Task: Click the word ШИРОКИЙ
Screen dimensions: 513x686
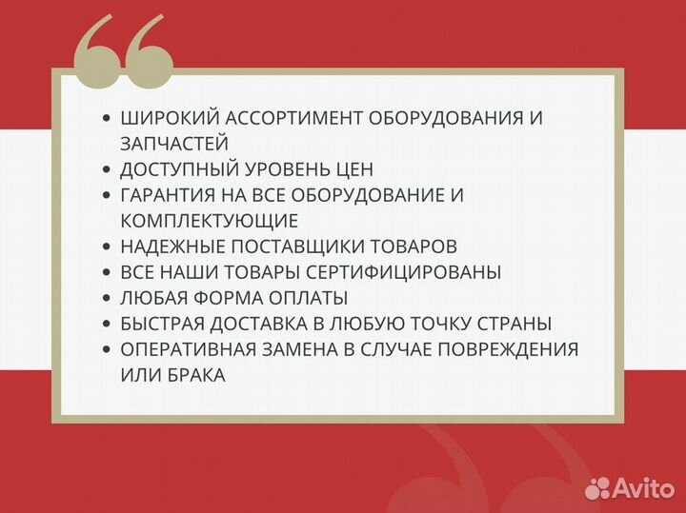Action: [168, 119]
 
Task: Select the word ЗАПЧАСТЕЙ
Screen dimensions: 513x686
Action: [174, 144]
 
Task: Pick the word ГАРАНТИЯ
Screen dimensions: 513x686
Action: [169, 195]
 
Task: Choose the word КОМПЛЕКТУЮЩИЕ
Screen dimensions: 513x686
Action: [210, 221]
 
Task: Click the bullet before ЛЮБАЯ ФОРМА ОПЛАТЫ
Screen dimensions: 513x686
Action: [106, 298]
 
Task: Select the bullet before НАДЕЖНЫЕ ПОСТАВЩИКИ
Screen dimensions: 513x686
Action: [106, 247]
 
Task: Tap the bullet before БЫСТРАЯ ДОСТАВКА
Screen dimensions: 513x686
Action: [106, 324]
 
